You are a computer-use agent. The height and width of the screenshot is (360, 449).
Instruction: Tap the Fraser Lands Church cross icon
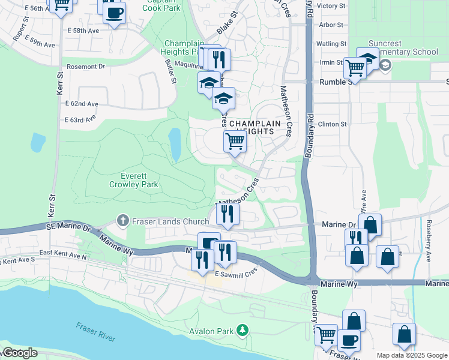(123, 221)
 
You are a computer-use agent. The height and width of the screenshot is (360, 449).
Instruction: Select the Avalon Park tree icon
(243, 329)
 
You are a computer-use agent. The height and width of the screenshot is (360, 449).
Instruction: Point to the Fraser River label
(95, 332)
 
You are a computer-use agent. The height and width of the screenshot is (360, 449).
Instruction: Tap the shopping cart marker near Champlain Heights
(235, 142)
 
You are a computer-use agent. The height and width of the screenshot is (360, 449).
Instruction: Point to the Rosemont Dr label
(86, 67)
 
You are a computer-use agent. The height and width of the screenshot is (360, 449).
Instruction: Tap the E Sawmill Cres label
(236, 272)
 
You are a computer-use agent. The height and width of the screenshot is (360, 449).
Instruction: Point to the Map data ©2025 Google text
(412, 355)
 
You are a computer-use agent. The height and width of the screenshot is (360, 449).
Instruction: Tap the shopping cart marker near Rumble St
(354, 68)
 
